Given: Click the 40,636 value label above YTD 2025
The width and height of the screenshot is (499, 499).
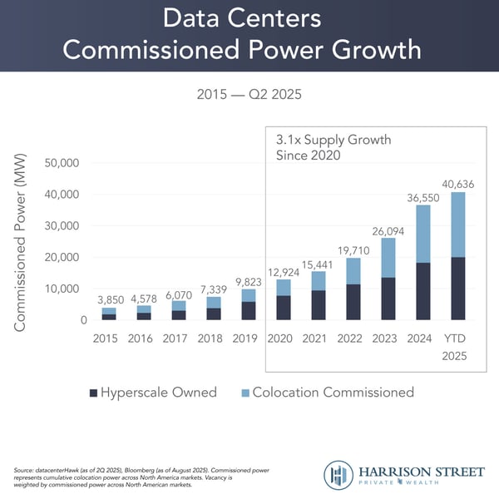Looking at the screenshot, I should [457, 184].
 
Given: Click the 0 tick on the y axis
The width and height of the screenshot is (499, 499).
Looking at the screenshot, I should [84, 320].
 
